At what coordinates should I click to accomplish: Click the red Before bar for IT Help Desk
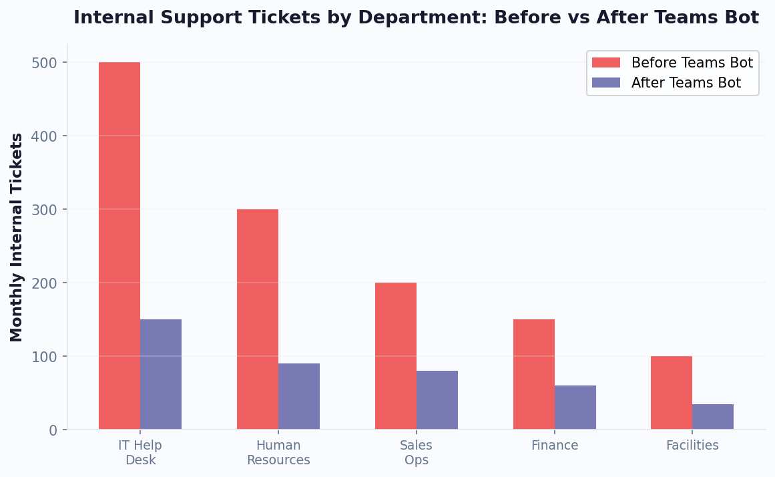pyautogui.click(x=119, y=246)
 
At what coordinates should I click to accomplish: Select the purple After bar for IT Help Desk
pyautogui.click(x=161, y=374)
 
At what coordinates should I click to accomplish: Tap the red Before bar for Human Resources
pyautogui.click(x=258, y=319)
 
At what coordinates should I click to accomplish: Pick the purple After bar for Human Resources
pyautogui.click(x=299, y=396)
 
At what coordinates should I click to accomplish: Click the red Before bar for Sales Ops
pyautogui.click(x=396, y=356)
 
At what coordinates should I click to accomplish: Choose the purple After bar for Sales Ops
pyautogui.click(x=437, y=400)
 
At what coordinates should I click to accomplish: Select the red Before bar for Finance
pyautogui.click(x=534, y=374)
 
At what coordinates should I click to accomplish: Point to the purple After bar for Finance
pyautogui.click(x=575, y=408)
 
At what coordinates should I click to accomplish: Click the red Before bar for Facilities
pyautogui.click(x=672, y=393)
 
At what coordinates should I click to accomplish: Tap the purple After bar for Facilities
pyautogui.click(x=713, y=417)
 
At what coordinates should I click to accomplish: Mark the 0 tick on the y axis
pyautogui.click(x=53, y=430)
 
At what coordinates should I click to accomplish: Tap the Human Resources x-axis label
pyautogui.click(x=278, y=453)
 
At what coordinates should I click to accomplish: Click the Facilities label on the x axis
pyautogui.click(x=692, y=446)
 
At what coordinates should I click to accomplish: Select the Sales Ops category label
pyautogui.click(x=417, y=453)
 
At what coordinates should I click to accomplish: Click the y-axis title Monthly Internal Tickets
pyautogui.click(x=17, y=237)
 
